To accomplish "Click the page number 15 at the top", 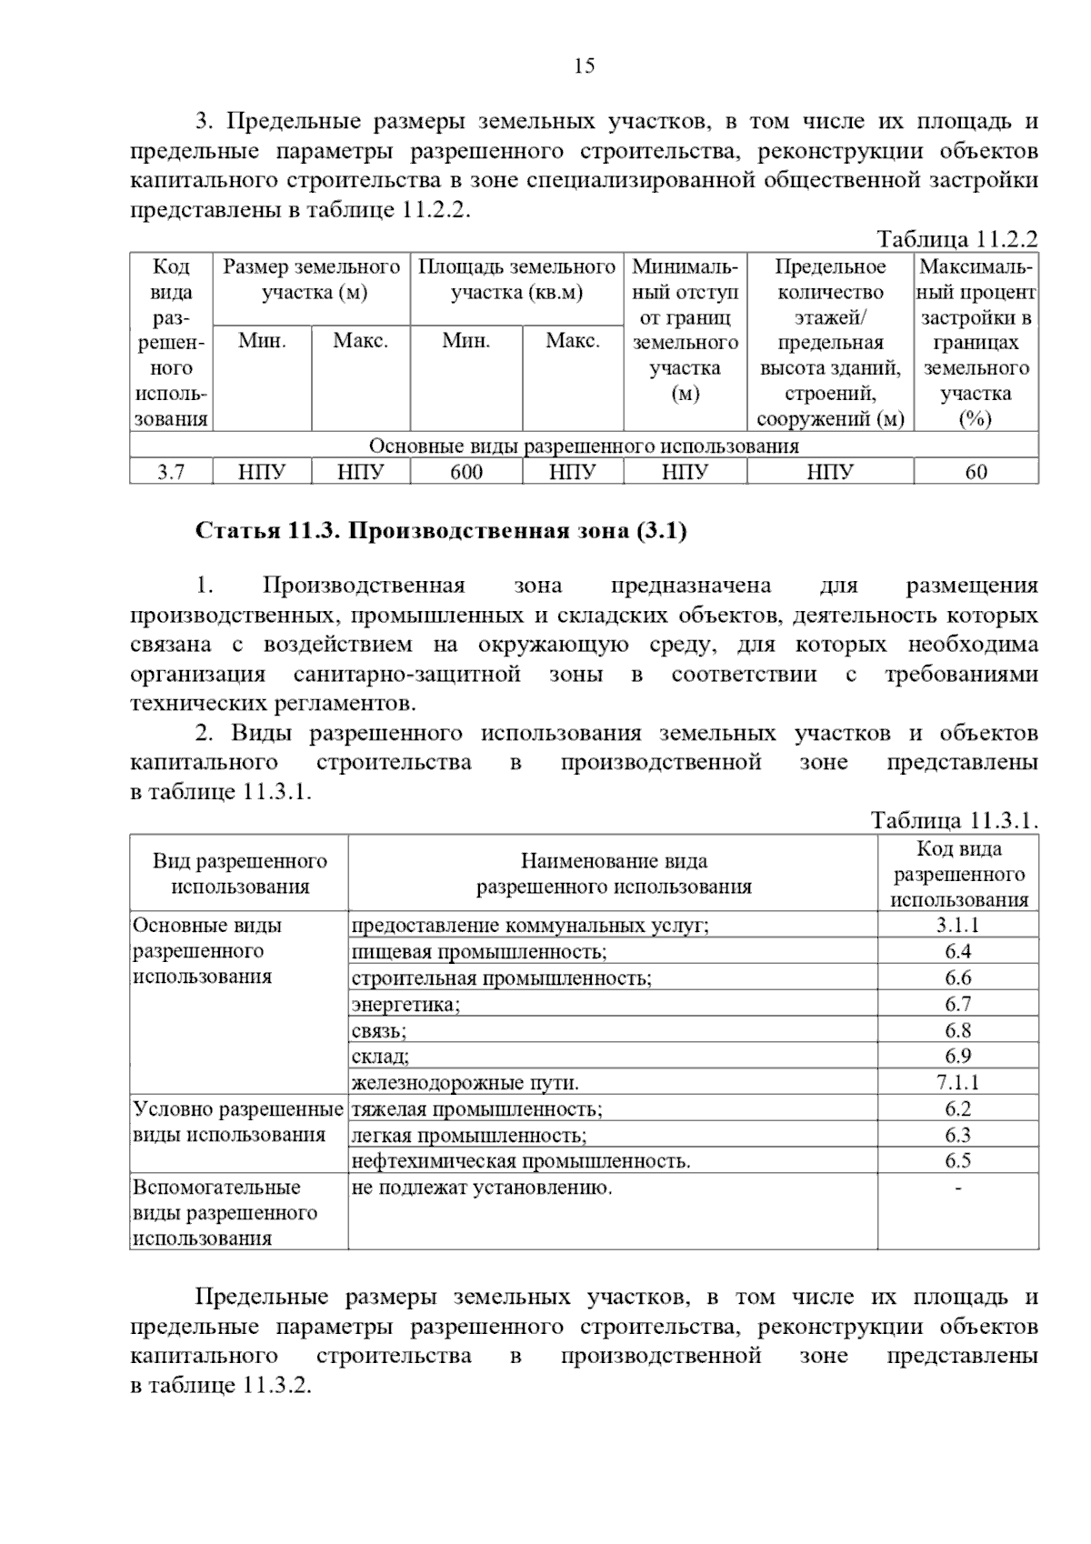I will (x=584, y=65).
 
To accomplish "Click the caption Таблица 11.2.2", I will (x=956, y=239).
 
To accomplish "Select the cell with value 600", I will (x=466, y=472).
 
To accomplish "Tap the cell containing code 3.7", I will (x=171, y=472).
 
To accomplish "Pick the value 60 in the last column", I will (x=976, y=472).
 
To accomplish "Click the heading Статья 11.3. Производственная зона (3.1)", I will (x=441, y=530).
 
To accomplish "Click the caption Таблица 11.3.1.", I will (x=954, y=820).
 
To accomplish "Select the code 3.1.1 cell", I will (x=957, y=925).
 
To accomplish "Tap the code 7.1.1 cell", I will (x=957, y=1082).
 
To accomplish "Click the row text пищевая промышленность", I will (x=479, y=952).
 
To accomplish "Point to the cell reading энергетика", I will (x=406, y=1004).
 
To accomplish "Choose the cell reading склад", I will (x=380, y=1057).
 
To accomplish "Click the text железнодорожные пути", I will (x=465, y=1083).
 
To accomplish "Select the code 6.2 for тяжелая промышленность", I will (x=957, y=1108).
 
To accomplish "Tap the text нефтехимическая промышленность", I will (x=521, y=1161).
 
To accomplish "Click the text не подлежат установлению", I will (x=482, y=1188).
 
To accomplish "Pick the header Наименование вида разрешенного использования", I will (x=614, y=874).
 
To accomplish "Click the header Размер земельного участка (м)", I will (x=312, y=280).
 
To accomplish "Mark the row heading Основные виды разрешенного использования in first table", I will (x=584, y=446).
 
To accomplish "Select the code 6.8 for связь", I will (x=957, y=1030).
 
